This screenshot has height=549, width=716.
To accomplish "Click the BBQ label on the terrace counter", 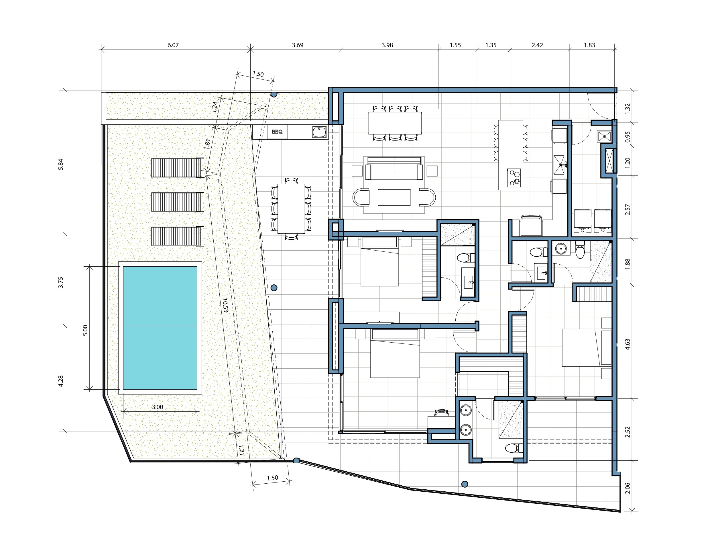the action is coord(277,132).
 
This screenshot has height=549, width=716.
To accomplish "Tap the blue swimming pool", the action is coord(160,328).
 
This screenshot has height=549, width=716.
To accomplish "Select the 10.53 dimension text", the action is coord(225,305).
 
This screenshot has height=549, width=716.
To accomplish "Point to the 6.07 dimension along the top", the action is coord(173,45).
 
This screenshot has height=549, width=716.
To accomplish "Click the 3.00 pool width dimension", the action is coord(157,407).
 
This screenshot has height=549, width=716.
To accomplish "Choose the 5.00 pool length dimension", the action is coord(85,330).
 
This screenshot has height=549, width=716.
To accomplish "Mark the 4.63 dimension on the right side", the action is coord(627,344).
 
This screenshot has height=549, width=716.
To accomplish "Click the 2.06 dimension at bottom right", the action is coord(627,488).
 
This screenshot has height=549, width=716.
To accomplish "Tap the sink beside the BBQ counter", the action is coord(319,132).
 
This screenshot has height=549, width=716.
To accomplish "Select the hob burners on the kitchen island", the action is coord(514,178).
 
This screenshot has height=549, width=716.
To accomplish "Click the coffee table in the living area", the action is coord(394,197).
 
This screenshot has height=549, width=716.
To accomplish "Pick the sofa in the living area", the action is coord(394,168).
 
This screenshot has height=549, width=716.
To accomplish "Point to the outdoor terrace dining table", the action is coord(291,209).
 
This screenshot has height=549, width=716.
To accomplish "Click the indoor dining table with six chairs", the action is coord(395,123).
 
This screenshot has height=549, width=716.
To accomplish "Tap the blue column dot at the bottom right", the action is coord(465,484).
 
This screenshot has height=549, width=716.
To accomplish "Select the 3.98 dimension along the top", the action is coord(387,45).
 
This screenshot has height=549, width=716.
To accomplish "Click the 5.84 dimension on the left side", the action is coord(60,164).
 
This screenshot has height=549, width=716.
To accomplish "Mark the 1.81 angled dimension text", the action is coord(207,144).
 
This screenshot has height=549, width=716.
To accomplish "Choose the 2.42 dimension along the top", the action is coord(537,45).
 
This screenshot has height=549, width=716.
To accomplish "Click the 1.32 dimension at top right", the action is coord(627,109).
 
